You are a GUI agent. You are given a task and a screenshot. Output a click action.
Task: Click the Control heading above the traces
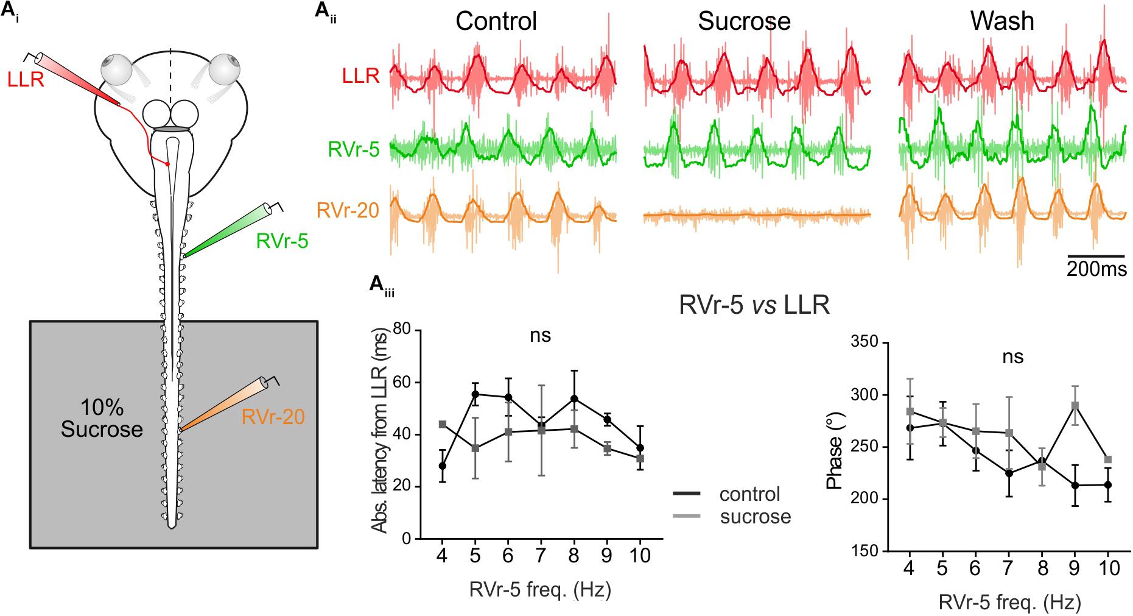[496, 21]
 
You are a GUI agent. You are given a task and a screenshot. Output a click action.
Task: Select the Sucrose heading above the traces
[744, 21]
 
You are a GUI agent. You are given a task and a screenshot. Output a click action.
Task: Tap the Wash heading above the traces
[1002, 21]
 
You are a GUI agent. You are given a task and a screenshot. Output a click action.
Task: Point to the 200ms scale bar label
[1096, 269]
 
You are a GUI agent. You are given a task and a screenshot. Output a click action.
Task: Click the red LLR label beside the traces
[360, 76]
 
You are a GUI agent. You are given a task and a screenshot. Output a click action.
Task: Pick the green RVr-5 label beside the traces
[354, 149]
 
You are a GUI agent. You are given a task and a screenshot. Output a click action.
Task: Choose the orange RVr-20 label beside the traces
[348, 211]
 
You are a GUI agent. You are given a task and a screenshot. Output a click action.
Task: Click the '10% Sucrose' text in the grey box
[102, 419]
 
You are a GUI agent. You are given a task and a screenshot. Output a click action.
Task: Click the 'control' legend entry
[749, 494]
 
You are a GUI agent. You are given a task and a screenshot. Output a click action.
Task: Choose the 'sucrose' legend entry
[755, 517]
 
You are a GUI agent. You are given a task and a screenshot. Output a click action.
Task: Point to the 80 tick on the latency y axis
[404, 330]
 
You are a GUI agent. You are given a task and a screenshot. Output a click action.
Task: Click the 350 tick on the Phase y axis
[865, 343]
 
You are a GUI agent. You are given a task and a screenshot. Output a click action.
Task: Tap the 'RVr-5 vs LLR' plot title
[754, 305]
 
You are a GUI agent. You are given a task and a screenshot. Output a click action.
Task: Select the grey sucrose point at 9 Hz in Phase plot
[1075, 406]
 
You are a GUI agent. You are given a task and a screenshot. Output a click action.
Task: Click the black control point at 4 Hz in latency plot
[443, 466]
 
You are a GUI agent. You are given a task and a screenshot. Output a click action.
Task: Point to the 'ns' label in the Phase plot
[1013, 357]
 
